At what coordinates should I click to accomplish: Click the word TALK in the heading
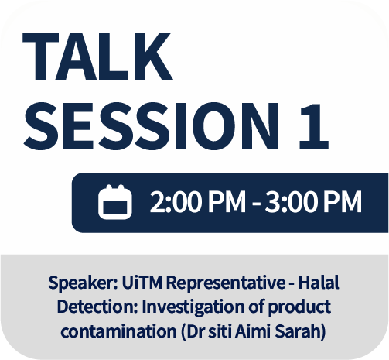click(x=97, y=57)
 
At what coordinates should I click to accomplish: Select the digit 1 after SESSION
click(x=314, y=126)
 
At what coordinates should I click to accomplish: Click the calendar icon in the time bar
click(x=115, y=202)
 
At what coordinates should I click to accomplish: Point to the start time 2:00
click(x=176, y=201)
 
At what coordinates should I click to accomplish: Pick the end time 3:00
click(x=291, y=201)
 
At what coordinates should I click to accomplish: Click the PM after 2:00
click(x=227, y=201)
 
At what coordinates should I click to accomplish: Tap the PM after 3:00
click(x=343, y=201)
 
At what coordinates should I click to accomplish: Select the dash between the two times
click(x=257, y=204)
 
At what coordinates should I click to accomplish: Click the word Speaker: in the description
click(x=83, y=283)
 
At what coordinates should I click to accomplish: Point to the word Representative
click(x=226, y=283)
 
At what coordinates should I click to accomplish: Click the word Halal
click(x=319, y=282)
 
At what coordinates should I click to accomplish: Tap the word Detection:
click(x=97, y=307)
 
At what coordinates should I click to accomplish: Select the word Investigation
click(x=193, y=307)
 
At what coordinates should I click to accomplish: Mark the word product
click(x=299, y=307)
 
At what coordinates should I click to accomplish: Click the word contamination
click(x=118, y=331)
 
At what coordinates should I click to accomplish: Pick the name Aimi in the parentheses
click(x=253, y=331)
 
